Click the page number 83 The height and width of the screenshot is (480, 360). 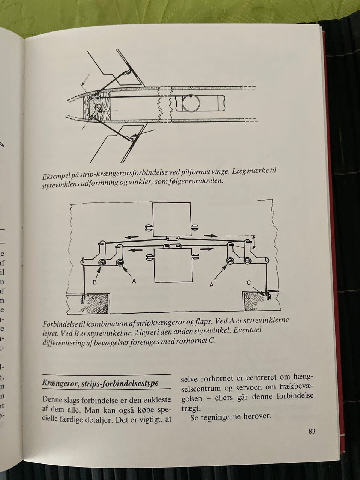(x=312, y=432)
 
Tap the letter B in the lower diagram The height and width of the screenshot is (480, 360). (x=94, y=282)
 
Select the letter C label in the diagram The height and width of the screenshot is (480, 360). (x=249, y=283)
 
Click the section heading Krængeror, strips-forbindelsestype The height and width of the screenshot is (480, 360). (x=100, y=383)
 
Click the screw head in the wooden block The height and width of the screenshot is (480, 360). (x=98, y=107)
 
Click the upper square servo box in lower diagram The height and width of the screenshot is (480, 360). (x=171, y=219)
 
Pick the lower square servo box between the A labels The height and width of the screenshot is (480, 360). (x=174, y=265)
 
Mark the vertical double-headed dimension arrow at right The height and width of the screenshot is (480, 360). (x=253, y=242)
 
